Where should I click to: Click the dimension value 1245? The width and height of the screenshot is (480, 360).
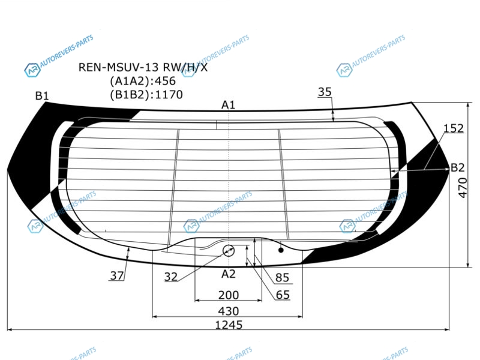point(229,325)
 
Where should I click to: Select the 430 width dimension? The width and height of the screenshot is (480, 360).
point(229,311)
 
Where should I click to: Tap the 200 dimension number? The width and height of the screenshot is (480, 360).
point(229,295)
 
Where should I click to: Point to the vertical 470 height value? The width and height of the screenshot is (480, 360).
point(463,188)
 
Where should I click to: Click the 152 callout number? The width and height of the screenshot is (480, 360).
point(454,128)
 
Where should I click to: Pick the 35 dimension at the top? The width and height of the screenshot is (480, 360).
point(325,92)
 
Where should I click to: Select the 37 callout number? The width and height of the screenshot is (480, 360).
point(116,275)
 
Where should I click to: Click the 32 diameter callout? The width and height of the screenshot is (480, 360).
point(171,277)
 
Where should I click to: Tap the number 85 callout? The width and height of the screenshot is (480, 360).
point(282,277)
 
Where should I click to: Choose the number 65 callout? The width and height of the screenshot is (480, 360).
point(282,295)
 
